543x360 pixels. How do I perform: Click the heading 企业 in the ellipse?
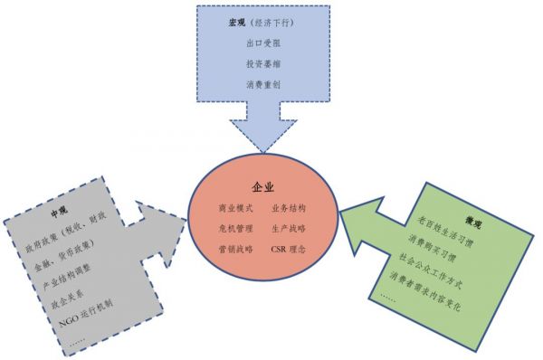click(263, 187)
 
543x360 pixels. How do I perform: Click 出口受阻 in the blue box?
click(262, 42)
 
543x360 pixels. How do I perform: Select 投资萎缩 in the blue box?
click(262, 63)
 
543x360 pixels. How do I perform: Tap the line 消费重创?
click(262, 85)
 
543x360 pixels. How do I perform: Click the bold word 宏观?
click(237, 20)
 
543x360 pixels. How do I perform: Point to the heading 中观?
click(60, 213)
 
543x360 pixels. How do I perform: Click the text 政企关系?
click(69, 298)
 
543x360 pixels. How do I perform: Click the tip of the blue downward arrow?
click(262, 149)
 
